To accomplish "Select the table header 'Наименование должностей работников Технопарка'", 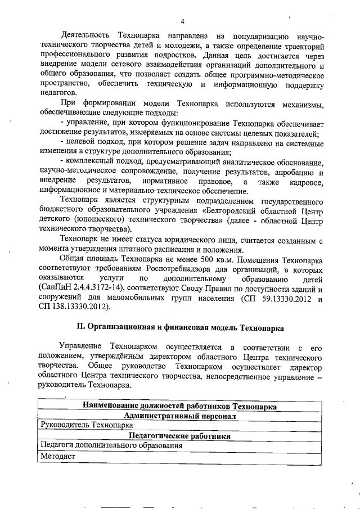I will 179,407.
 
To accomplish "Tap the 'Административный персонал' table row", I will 179,416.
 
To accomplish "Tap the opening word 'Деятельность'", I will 87,37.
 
